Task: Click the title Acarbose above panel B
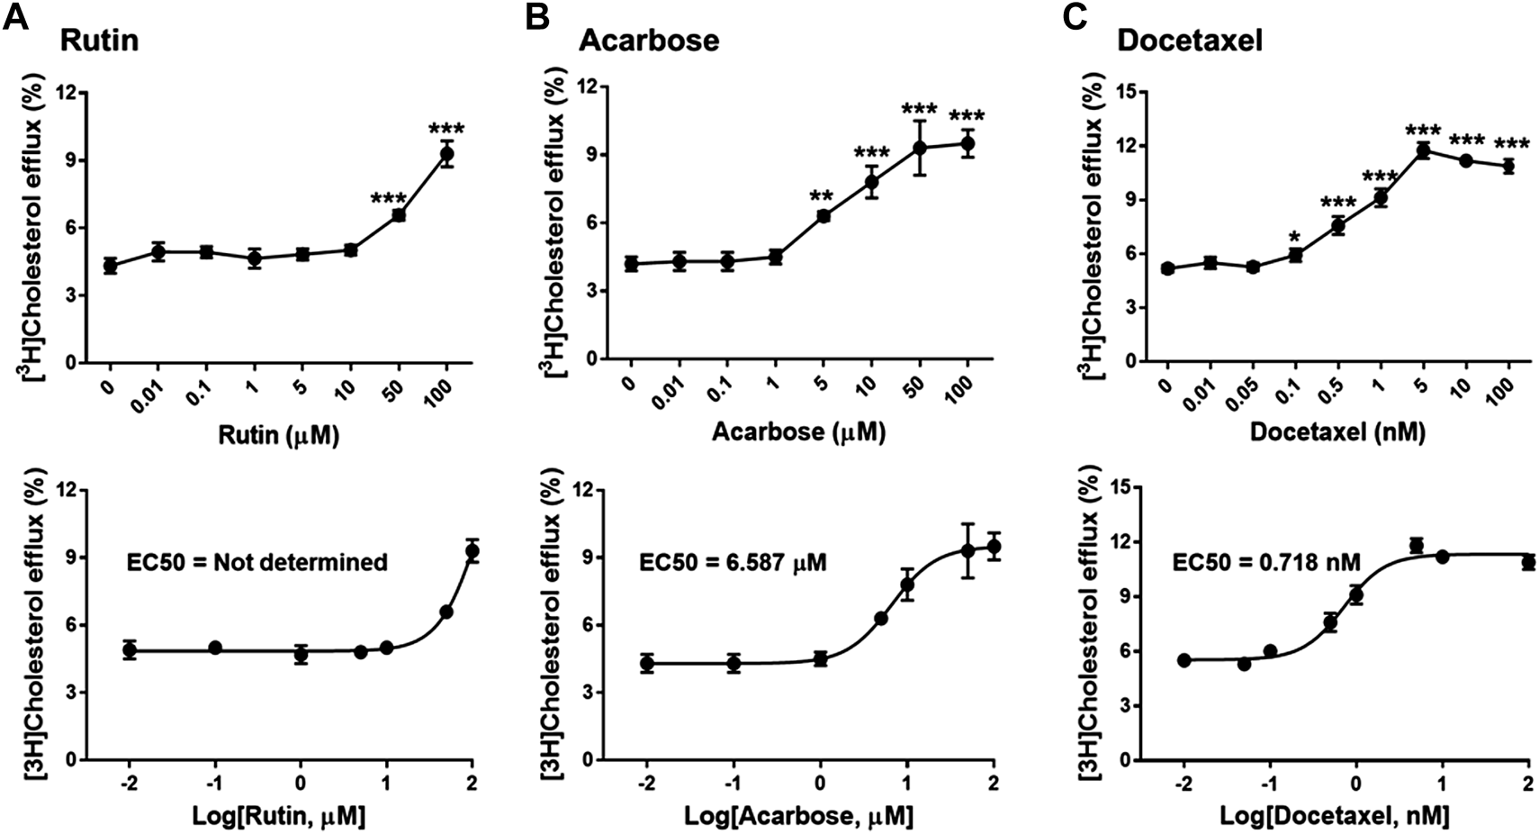pos(648,41)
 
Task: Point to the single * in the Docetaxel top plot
pos(1294,238)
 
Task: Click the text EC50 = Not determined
pos(256,563)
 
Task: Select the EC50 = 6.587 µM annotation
pos(733,563)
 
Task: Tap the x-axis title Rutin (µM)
pos(278,436)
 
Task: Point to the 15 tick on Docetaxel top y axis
pos(1125,92)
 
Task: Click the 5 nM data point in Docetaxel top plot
pos(1423,150)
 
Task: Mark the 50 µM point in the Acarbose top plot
pos(919,148)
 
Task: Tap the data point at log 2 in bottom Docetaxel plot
pos(1528,563)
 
